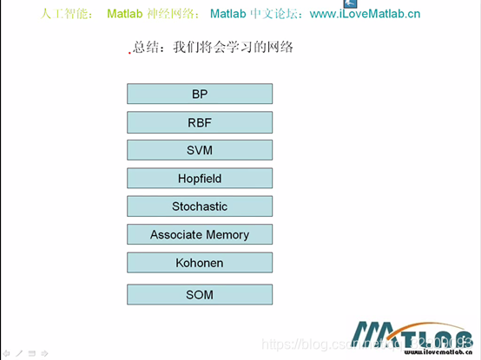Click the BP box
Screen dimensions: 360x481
(x=200, y=94)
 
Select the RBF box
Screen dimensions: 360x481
(x=200, y=122)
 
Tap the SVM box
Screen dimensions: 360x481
(x=200, y=150)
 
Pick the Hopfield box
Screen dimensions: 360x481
(x=200, y=179)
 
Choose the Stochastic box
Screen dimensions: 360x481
(x=200, y=206)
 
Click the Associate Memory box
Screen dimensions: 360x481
(x=200, y=234)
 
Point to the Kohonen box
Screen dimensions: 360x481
(x=200, y=262)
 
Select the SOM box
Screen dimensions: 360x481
(x=200, y=295)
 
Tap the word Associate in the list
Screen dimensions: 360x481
(x=176, y=234)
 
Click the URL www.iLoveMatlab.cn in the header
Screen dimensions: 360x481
(x=365, y=14)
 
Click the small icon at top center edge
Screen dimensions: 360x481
(x=327, y=3)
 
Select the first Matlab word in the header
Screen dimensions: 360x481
(x=124, y=14)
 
